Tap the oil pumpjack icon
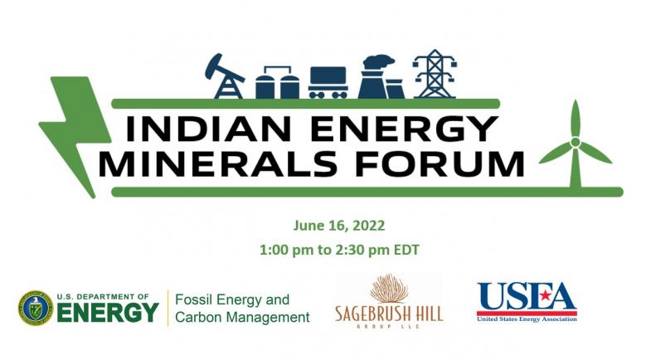(225, 76)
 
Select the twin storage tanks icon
(277, 82)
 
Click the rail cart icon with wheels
(328, 82)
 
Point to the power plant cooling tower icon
(380, 77)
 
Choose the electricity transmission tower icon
(435, 74)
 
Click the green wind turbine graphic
(576, 145)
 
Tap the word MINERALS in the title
(218, 164)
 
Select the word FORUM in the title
(440, 164)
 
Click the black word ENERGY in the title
(404, 129)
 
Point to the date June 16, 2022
(339, 226)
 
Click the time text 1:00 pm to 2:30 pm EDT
(339, 250)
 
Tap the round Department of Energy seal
(36, 308)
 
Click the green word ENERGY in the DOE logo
(108, 313)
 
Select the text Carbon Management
(242, 318)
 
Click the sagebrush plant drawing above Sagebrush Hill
(389, 289)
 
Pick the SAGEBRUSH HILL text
(389, 314)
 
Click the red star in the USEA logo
(545, 295)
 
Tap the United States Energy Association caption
(527, 319)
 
